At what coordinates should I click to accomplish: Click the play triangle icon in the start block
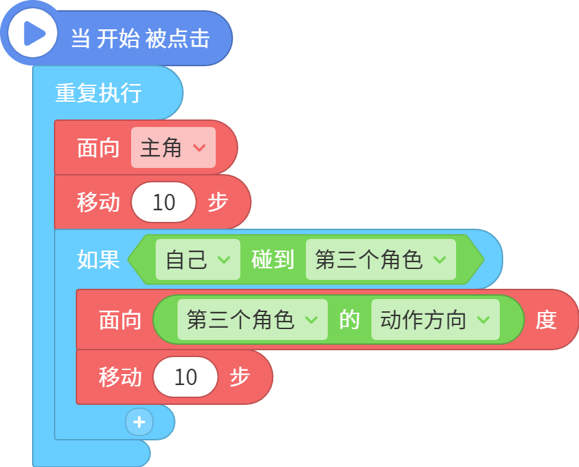33,33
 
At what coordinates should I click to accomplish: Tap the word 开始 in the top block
119,38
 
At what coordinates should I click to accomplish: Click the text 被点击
178,38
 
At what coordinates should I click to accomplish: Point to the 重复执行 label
98,93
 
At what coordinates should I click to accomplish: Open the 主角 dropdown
173,147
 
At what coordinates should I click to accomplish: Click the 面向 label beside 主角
98,147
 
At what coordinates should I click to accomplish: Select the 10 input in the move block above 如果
164,202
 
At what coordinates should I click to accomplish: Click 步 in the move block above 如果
218,202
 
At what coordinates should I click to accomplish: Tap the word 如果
98,259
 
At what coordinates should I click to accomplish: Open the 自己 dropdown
198,259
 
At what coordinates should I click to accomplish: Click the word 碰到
273,259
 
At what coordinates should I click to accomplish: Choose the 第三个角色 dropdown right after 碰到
381,259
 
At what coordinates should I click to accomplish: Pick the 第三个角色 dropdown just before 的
253,320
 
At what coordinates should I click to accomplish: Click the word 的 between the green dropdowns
350,320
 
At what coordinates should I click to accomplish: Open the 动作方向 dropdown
436,320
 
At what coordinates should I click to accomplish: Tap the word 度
546,320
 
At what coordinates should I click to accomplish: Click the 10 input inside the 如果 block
185,377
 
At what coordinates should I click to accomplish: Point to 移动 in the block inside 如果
120,377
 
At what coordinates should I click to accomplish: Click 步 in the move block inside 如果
240,377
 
